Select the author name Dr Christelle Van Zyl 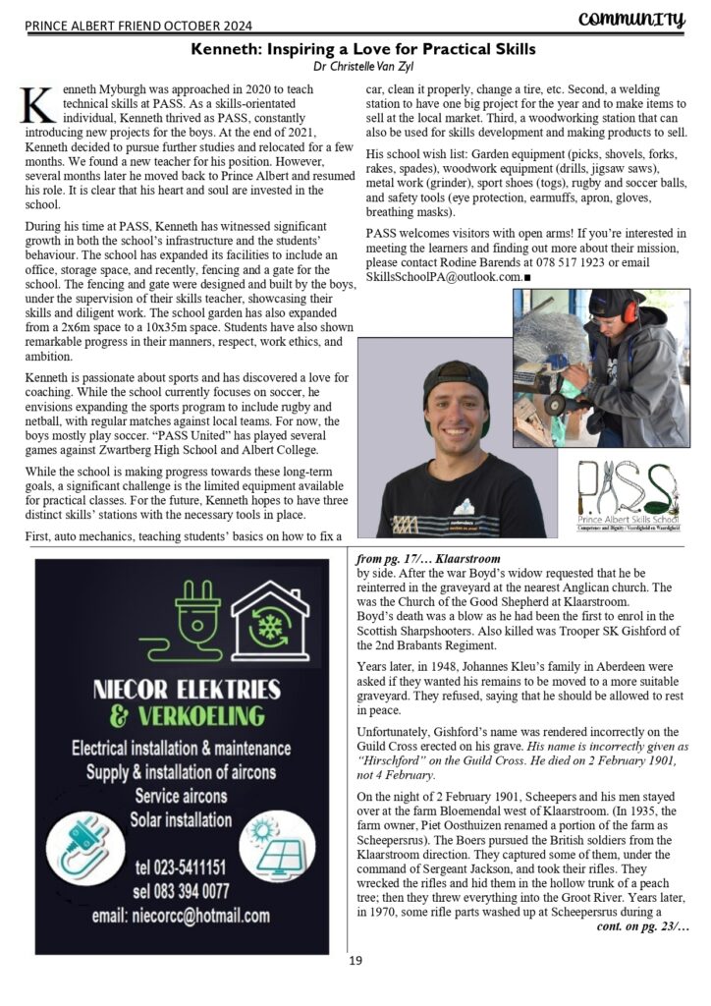(355, 67)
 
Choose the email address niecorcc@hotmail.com (180, 915)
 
